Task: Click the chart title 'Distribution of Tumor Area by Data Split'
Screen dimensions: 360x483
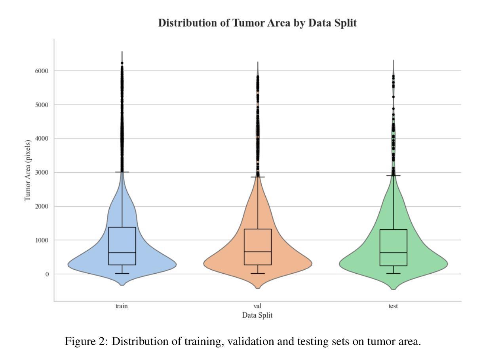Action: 257,23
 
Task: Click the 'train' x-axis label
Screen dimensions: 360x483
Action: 122,306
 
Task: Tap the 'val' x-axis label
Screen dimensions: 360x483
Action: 257,306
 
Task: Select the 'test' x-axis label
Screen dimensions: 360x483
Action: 393,306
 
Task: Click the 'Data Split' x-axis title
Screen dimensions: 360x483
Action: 257,315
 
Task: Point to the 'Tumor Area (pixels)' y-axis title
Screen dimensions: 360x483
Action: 28,170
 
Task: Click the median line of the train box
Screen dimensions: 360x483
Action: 122,253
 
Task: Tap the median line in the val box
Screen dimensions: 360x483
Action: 258,252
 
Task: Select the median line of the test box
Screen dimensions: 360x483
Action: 394,253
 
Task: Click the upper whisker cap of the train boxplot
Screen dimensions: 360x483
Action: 122,172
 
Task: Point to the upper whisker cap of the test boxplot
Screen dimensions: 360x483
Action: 394,175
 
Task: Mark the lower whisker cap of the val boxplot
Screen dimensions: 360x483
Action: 258,273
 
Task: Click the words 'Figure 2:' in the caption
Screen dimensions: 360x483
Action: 86,341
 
